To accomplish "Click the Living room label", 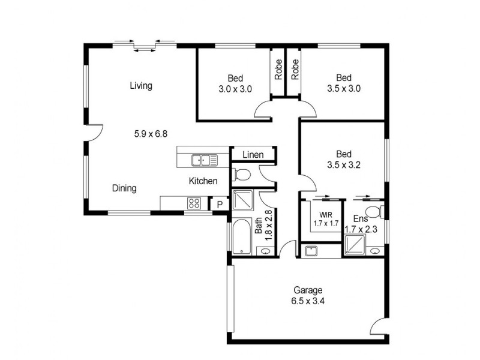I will coord(141,86).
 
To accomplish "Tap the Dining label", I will coord(124,188).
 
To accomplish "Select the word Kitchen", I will coord(203,181).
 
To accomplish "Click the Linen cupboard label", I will coord(253,155).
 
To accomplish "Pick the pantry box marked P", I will coord(220,204).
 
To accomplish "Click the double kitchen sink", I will coord(205,160).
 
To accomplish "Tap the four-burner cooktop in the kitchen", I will coord(194,203).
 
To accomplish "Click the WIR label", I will coord(326,215).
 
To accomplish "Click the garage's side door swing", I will coord(378,326).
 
